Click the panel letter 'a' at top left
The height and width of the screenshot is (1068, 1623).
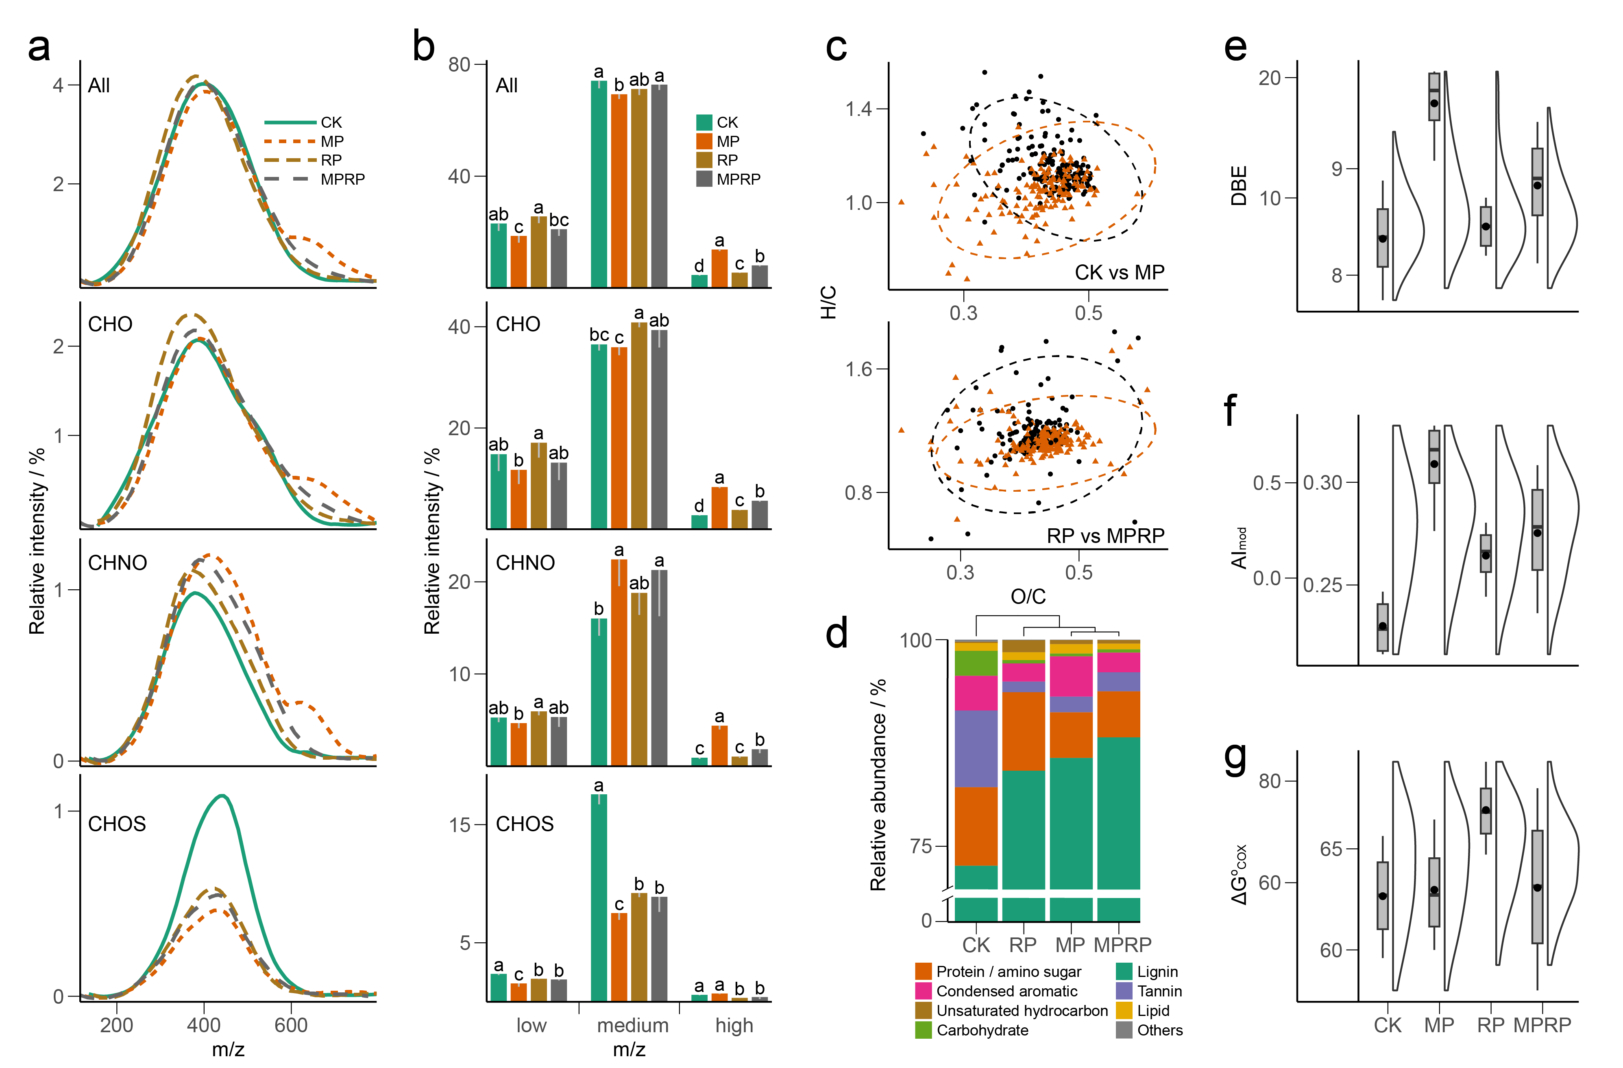click(39, 48)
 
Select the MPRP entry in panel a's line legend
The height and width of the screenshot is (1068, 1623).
click(342, 179)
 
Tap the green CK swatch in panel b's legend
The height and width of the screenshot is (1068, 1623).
click(704, 123)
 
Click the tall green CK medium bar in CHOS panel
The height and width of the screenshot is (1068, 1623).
click(599, 897)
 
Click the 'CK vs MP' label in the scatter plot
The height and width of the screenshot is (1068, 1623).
click(1119, 273)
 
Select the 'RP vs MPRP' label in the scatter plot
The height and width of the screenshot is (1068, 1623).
click(1105, 536)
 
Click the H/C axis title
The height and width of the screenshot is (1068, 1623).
click(828, 302)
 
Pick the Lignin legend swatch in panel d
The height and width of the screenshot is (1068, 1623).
click(1124, 971)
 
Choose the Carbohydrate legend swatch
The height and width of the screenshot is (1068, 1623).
click(923, 1030)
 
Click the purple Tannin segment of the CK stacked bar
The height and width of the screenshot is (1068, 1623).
click(976, 748)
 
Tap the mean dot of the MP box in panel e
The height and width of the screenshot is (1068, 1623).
click(1434, 104)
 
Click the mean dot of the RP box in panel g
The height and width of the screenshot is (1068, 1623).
click(1486, 810)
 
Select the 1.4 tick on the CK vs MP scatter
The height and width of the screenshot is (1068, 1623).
click(858, 109)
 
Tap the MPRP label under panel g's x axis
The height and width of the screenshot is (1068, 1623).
click(1542, 1025)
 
